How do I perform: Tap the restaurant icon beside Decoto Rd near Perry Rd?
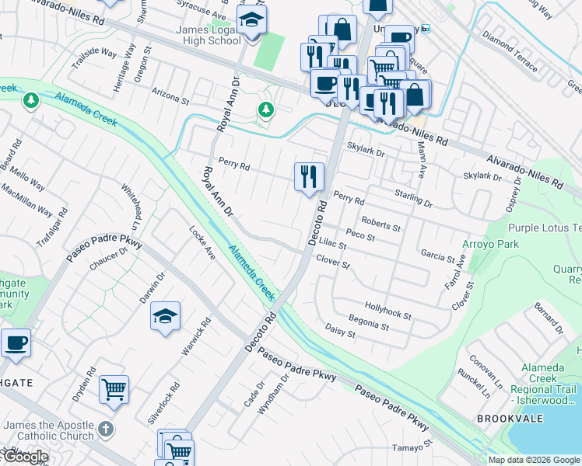coord(309,176)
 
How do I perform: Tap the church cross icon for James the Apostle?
coord(106,429)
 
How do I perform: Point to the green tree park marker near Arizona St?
coord(266,110)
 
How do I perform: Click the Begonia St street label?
coord(369,322)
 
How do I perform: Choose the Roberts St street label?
coord(380,224)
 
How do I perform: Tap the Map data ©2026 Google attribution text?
coord(534,460)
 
